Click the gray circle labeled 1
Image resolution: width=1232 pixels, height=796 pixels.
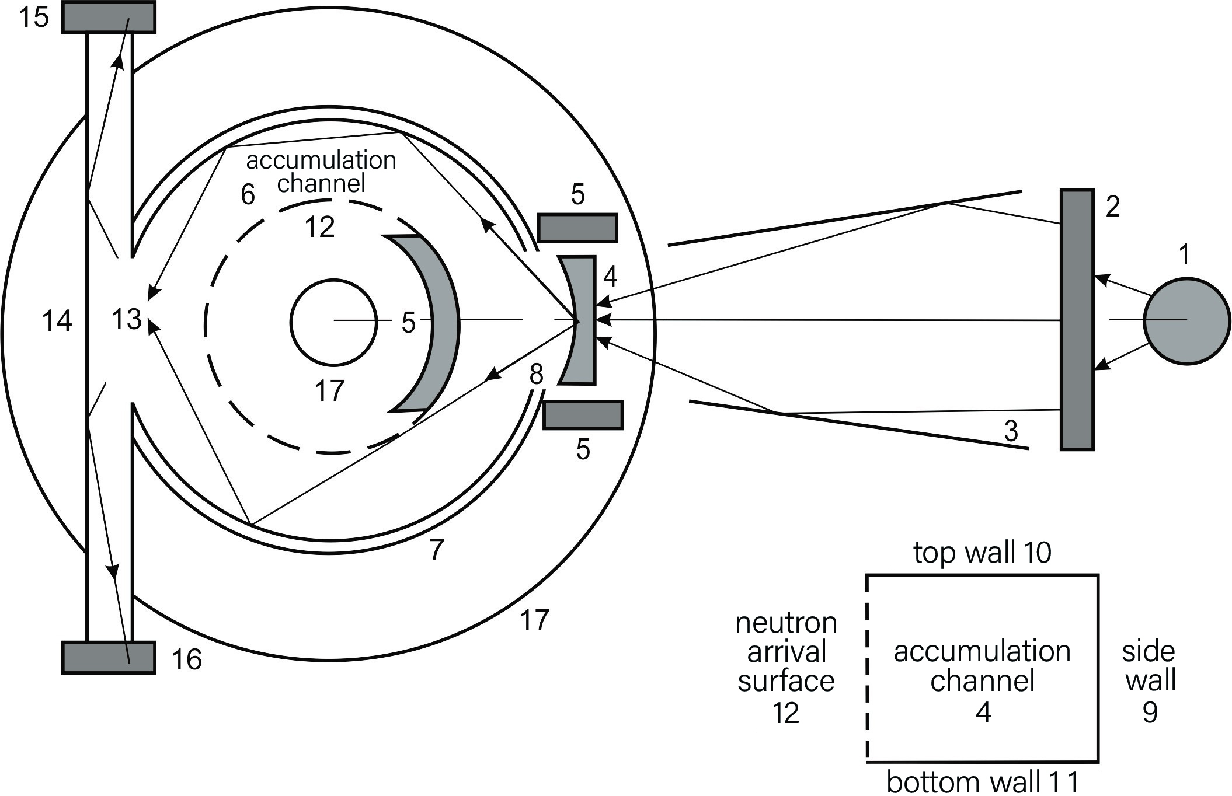click(1186, 322)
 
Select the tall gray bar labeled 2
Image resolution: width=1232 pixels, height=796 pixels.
click(1077, 319)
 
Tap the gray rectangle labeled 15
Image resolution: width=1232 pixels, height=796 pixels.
click(109, 17)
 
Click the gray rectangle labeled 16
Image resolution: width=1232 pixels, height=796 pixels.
click(109, 658)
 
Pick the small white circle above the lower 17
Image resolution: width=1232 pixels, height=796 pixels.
click(333, 322)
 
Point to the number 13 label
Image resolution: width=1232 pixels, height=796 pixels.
click(126, 320)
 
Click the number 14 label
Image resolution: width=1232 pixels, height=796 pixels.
click(57, 321)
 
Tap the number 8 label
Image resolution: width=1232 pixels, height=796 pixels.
click(536, 374)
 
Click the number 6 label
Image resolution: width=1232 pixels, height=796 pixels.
click(248, 194)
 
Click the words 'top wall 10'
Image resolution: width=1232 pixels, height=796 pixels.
click(982, 552)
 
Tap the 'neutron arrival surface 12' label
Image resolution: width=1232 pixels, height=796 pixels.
click(786, 668)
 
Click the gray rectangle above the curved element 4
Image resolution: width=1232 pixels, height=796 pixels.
click(577, 228)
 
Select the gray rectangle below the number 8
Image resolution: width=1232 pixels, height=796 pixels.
click(583, 415)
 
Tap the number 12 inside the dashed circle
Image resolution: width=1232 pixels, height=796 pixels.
click(319, 227)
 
